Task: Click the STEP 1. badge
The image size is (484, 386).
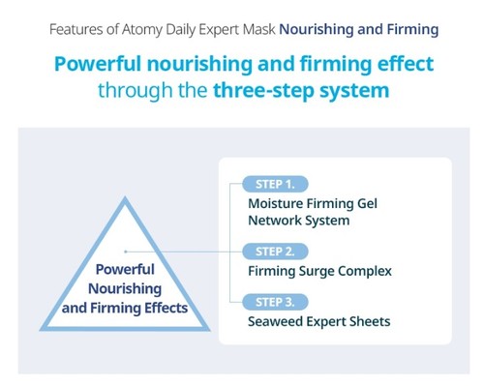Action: click(x=282, y=183)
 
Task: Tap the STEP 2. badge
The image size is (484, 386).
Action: click(x=282, y=251)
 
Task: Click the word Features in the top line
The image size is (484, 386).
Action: click(x=78, y=29)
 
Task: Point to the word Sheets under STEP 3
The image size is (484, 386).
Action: click(x=370, y=321)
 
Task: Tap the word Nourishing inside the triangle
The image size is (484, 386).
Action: click(x=126, y=288)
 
